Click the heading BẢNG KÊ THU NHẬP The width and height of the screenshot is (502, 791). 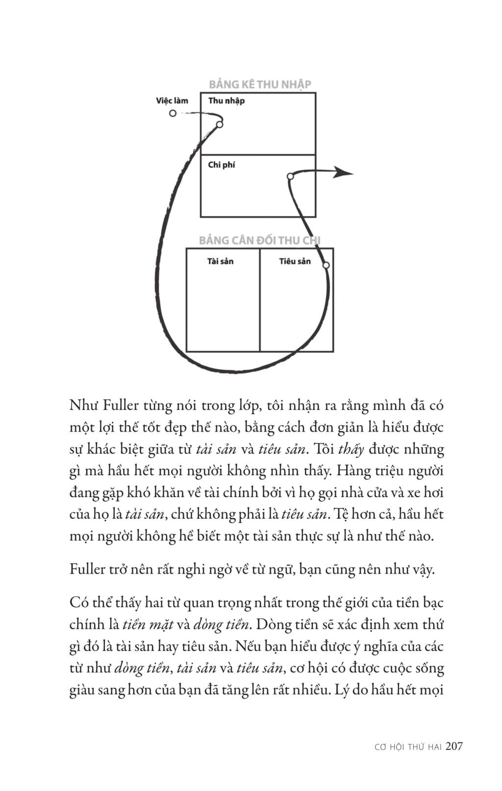click(260, 84)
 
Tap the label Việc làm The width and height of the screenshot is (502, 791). click(172, 101)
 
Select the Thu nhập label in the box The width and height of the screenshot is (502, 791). click(226, 101)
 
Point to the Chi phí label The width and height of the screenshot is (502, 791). click(221, 165)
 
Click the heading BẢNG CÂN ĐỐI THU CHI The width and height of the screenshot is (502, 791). click(259, 240)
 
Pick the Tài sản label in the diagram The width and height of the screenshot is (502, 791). click(220, 262)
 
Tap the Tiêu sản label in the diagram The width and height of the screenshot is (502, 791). click(295, 262)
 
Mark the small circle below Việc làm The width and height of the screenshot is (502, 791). click(173, 113)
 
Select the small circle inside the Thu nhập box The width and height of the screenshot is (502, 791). click(220, 124)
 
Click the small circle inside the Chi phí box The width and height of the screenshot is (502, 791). click(290, 176)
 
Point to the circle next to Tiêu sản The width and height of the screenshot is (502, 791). click(326, 265)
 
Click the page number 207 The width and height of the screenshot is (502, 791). click(454, 746)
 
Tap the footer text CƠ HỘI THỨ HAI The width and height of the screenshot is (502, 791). click(408, 747)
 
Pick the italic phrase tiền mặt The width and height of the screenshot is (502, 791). click(148, 624)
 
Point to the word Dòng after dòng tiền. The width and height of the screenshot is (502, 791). click(273, 624)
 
